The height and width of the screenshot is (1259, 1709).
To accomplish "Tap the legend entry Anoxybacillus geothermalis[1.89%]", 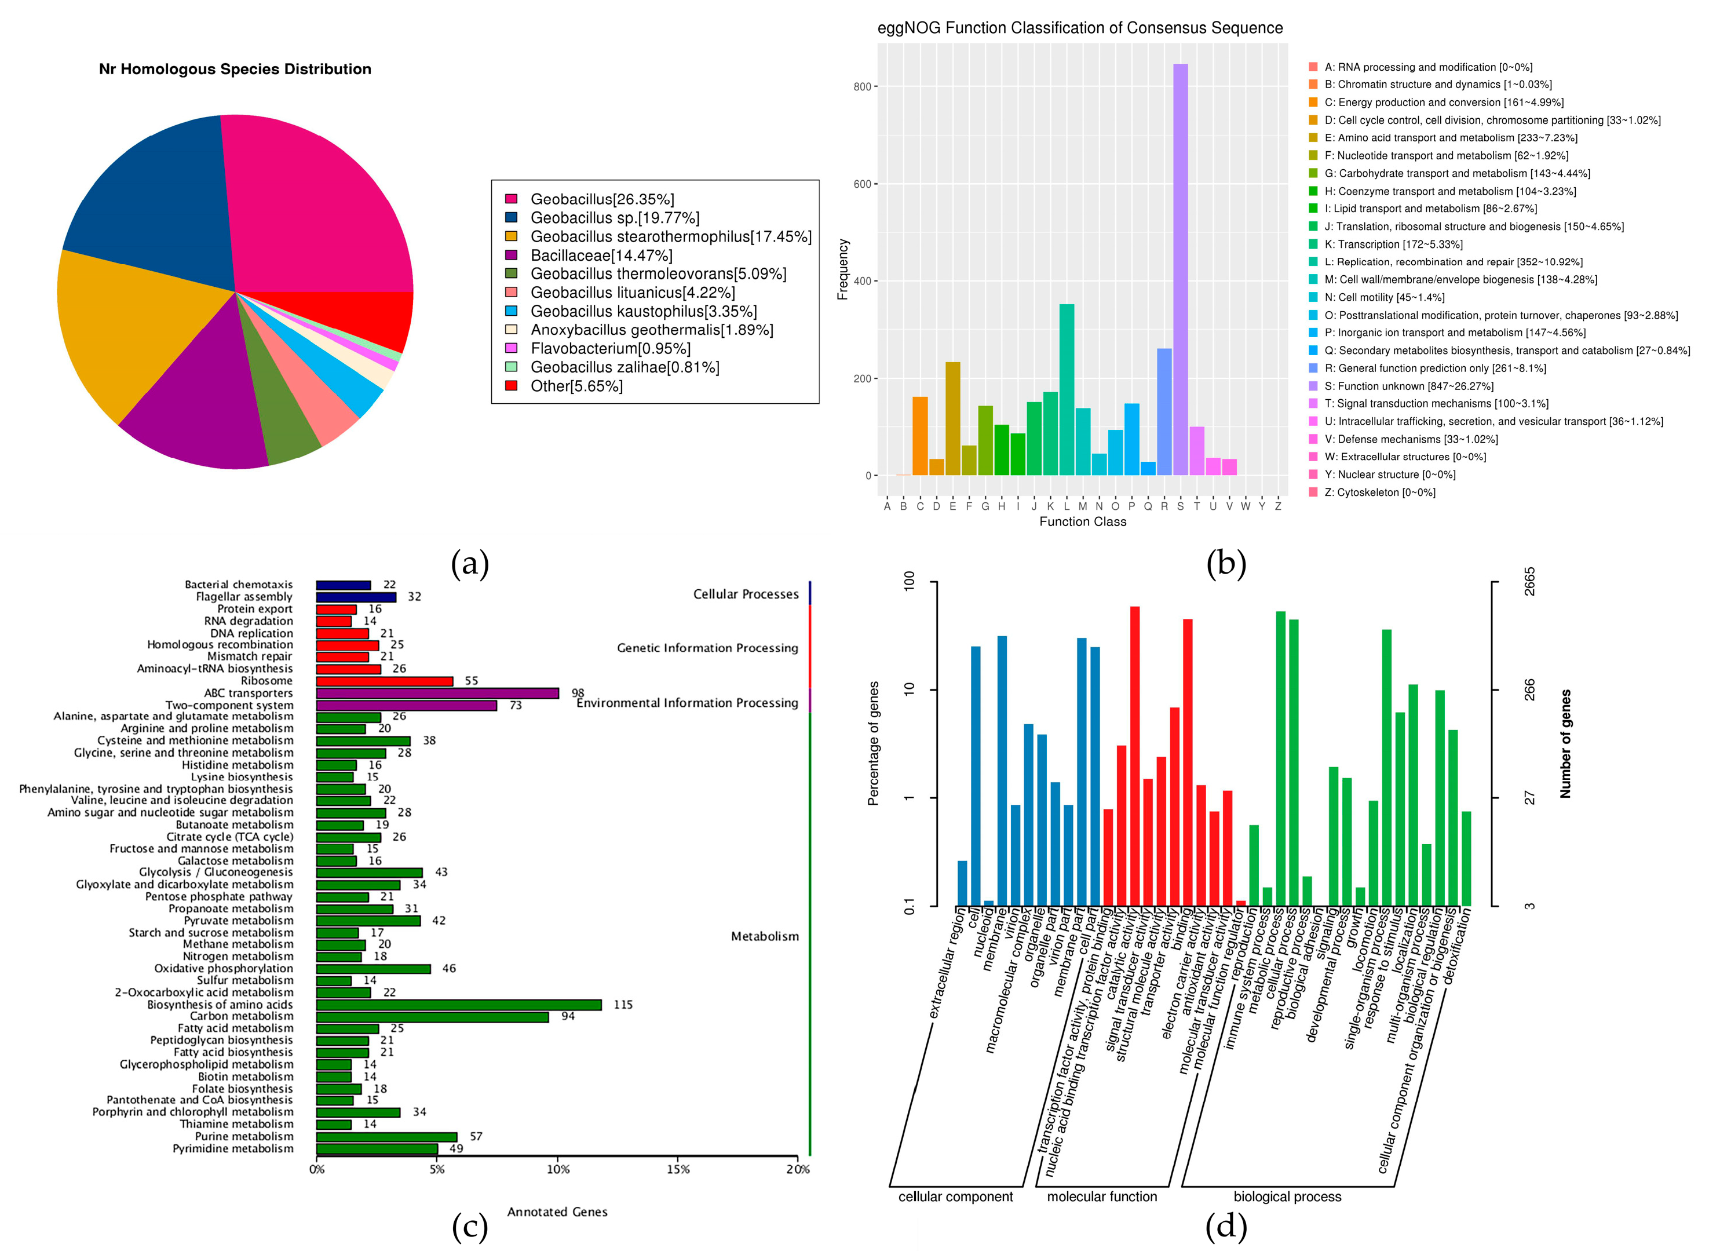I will pos(651,330).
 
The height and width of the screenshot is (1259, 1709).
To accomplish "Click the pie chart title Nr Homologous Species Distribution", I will pos(235,70).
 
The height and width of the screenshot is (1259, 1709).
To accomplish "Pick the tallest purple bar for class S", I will pos(1179,267).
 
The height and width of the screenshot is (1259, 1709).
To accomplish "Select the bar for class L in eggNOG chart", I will pos(1066,389).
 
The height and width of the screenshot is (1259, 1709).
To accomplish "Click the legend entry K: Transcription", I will pos(1393,244).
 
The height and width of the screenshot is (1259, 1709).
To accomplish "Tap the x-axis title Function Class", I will pos(1082,521).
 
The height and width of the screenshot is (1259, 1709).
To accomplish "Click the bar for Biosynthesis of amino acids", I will pos(457,1005).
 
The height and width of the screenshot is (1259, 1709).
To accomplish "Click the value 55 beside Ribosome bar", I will pos(471,681).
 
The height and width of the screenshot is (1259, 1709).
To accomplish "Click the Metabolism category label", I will pos(764,936).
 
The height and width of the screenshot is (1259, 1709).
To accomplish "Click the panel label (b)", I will pos(1225,563).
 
